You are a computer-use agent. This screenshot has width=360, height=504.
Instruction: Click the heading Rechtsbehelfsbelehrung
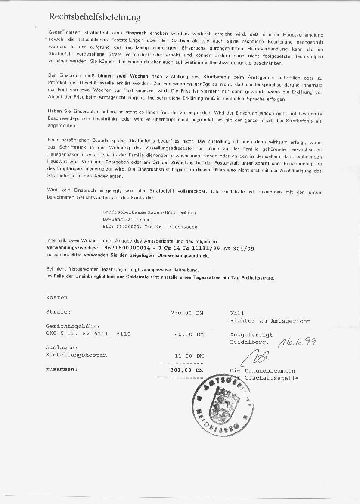[x=95, y=17]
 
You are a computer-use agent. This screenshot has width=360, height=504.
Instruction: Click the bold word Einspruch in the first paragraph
[x=136, y=33]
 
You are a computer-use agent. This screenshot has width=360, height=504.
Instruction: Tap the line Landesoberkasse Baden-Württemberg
[x=149, y=212]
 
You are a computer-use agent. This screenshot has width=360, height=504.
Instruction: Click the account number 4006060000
[x=183, y=227]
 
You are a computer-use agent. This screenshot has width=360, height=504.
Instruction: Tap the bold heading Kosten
[x=57, y=297]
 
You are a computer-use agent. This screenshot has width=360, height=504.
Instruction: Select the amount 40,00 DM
[x=189, y=334]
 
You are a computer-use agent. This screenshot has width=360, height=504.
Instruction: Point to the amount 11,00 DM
[x=189, y=356]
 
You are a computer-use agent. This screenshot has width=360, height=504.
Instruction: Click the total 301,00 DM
[x=187, y=370]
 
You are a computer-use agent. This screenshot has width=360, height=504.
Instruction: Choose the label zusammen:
[x=62, y=369]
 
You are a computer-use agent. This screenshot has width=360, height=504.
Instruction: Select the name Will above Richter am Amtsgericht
[x=237, y=313]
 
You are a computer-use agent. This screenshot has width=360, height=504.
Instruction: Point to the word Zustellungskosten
[x=76, y=355]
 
